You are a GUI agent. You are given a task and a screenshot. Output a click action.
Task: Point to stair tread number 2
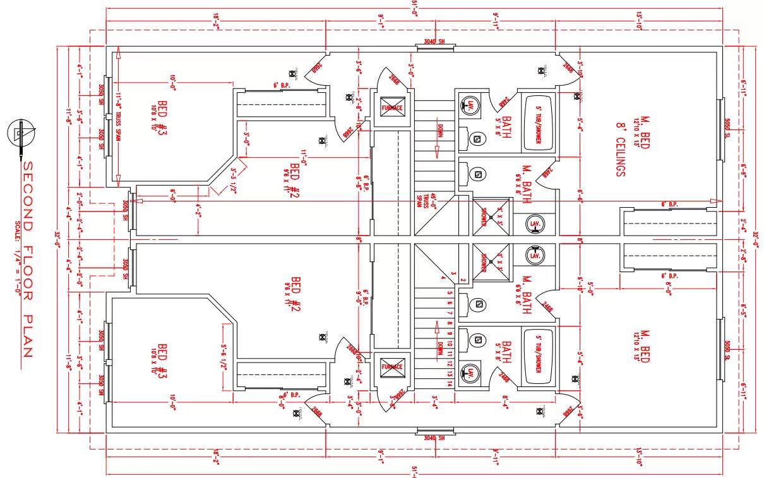[463, 280]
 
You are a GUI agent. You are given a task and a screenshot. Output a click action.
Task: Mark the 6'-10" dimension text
[580, 285]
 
